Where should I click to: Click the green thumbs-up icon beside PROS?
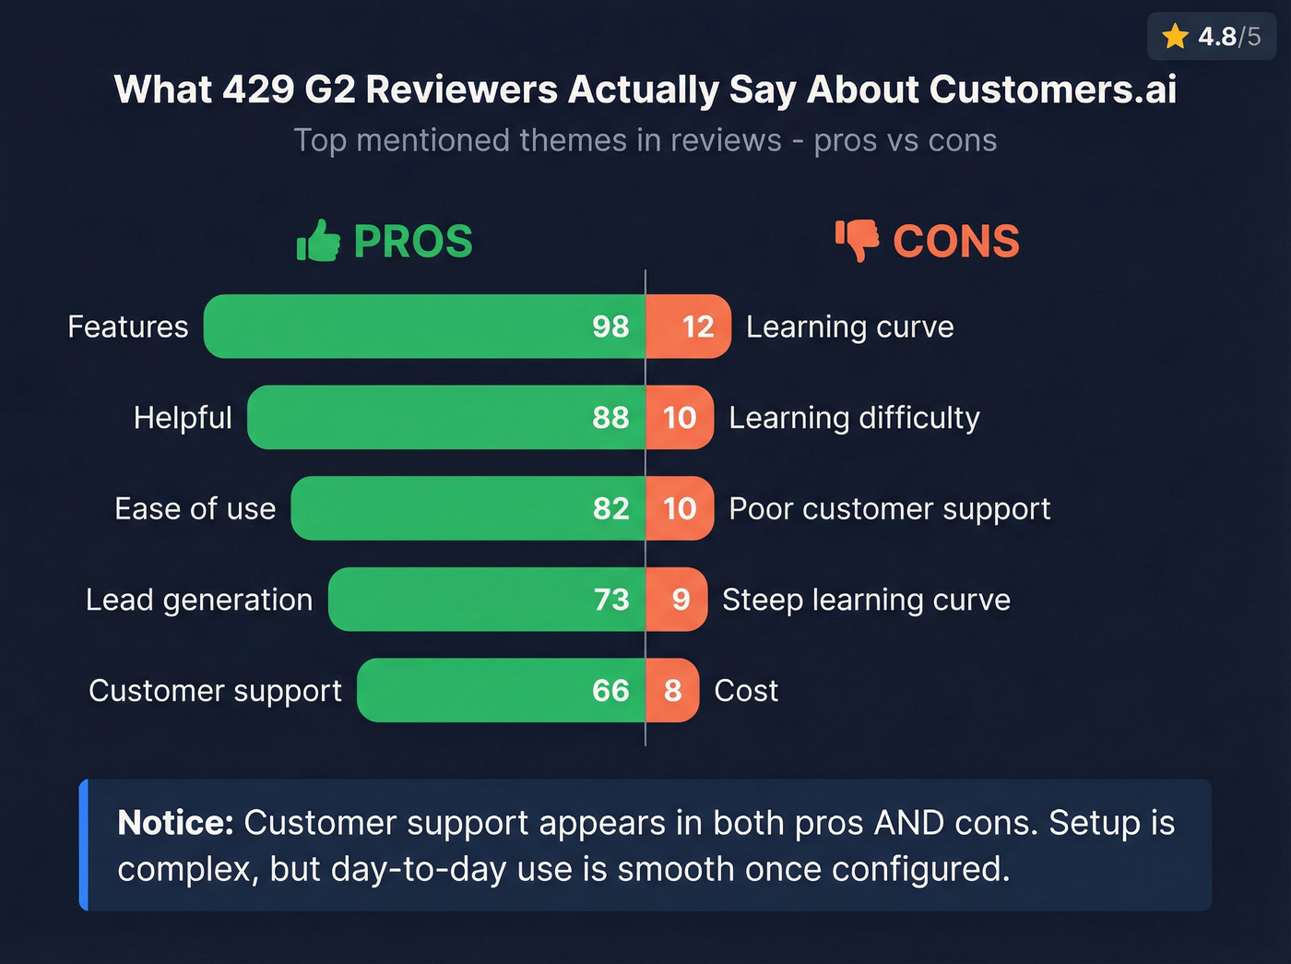point(318,242)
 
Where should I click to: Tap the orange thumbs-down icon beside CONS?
point(857,241)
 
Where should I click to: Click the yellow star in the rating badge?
point(1175,37)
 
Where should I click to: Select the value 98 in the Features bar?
point(610,327)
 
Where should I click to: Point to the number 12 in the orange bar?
point(698,327)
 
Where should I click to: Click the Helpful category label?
point(183,418)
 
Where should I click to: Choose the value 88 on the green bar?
point(610,418)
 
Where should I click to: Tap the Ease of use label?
point(195,509)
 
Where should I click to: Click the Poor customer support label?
point(889,509)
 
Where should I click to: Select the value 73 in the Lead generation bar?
point(611,600)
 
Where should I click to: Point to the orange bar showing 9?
point(678,600)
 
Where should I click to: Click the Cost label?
point(746,691)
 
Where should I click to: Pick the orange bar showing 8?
point(672,691)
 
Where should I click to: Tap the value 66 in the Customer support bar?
point(610,691)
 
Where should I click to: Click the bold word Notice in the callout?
point(175,823)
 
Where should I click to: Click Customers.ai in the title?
point(1052,90)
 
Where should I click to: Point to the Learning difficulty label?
point(854,418)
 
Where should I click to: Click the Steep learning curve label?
point(866,600)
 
